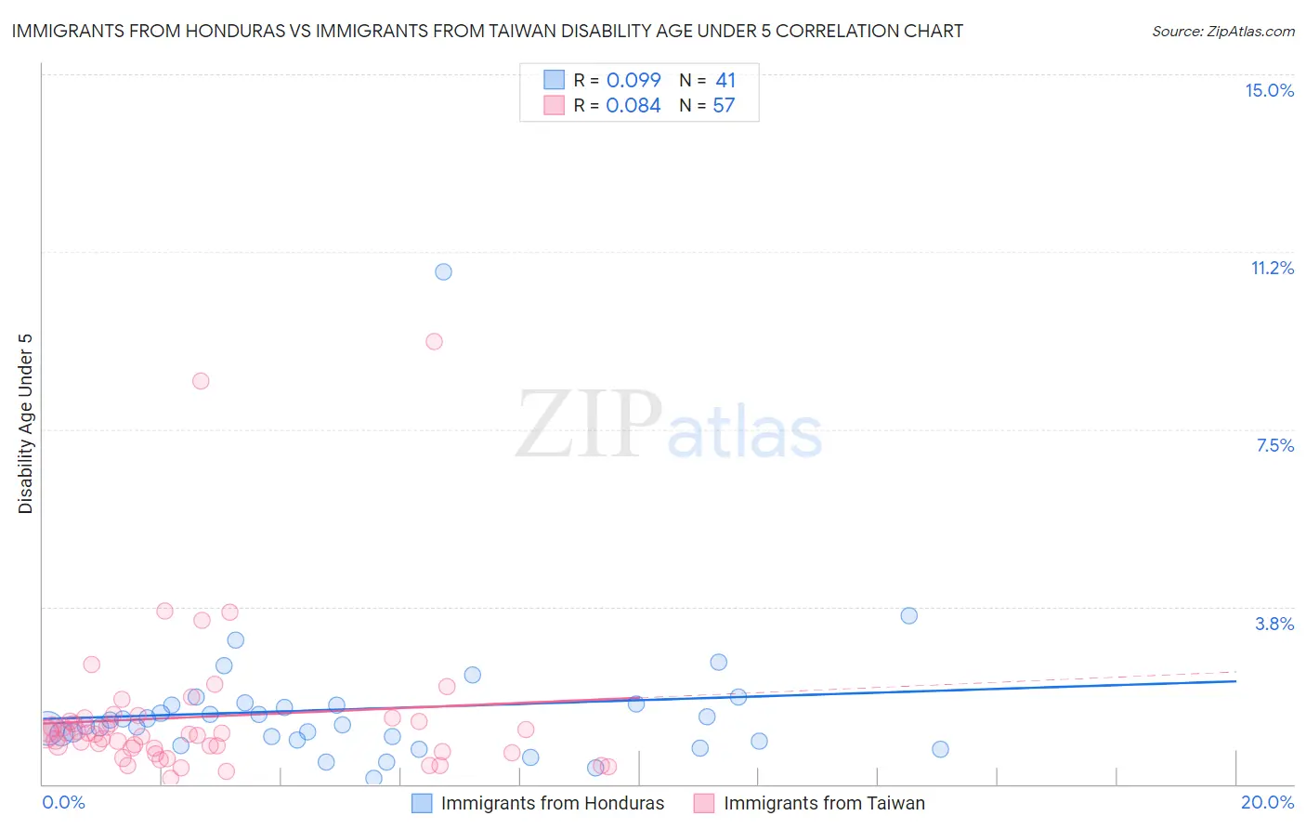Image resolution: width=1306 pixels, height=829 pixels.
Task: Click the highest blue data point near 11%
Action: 443,271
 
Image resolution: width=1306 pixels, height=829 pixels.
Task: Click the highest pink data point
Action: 434,341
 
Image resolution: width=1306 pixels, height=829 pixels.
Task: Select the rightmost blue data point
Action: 940,749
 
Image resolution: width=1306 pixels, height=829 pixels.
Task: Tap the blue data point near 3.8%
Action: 908,615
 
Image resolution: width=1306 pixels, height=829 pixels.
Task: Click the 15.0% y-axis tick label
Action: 1269,90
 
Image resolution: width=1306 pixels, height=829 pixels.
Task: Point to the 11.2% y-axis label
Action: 1272,268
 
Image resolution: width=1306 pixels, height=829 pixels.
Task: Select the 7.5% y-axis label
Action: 1274,445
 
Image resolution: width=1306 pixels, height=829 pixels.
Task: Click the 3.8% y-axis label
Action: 1274,624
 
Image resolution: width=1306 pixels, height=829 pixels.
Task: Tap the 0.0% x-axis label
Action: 63,802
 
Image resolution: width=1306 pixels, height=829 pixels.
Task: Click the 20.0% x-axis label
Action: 1267,802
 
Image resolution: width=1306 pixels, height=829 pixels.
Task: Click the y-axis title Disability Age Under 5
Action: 25,423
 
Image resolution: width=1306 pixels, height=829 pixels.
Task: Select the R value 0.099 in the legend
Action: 633,81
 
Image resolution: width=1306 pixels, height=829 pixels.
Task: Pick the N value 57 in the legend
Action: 724,106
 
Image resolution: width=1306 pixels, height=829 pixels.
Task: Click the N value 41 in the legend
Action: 725,81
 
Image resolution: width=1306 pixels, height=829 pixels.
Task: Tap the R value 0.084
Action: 633,106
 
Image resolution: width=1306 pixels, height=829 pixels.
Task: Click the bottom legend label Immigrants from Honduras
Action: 553,803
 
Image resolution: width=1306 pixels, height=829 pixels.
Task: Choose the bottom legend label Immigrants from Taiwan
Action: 824,803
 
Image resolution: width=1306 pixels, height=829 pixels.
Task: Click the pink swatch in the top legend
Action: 554,105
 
